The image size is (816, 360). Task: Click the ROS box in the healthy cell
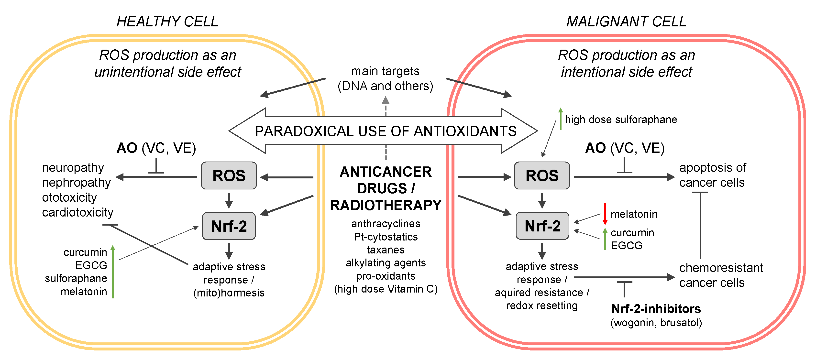[229, 176]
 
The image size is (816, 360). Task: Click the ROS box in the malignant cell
[542, 176]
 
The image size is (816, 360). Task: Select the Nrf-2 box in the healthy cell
[229, 226]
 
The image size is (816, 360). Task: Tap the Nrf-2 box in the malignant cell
[542, 226]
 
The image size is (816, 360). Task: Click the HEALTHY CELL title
[167, 22]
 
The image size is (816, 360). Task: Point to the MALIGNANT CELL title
[626, 22]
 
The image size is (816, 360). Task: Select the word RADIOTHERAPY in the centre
[386, 205]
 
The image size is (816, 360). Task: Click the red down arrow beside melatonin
[605, 214]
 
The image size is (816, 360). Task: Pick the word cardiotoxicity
[77, 212]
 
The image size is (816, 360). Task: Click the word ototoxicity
[69, 197]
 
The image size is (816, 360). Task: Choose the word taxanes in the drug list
[386, 250]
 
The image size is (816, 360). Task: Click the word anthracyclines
[386, 224]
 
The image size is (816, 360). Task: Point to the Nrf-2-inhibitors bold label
[656, 309]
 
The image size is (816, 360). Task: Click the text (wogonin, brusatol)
[656, 323]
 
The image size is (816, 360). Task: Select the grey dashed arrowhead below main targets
[386, 101]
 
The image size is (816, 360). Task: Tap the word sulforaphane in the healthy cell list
[76, 278]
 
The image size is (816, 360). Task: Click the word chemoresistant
[721, 268]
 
